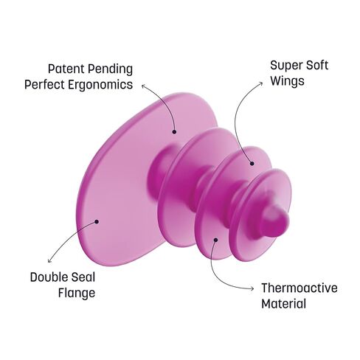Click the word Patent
(66, 69)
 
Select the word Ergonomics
(100, 85)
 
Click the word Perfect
(44, 84)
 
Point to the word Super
(286, 66)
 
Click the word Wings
(287, 82)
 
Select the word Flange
(77, 294)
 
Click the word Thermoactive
(300, 288)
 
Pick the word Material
(283, 304)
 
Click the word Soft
(317, 66)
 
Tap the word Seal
(83, 277)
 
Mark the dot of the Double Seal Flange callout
(97, 222)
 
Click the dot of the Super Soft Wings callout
(252, 163)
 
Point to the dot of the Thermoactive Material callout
(215, 240)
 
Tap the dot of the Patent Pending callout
(174, 132)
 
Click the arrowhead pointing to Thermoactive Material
(252, 288)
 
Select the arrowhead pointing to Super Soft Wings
(261, 84)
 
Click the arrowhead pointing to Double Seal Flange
(49, 261)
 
